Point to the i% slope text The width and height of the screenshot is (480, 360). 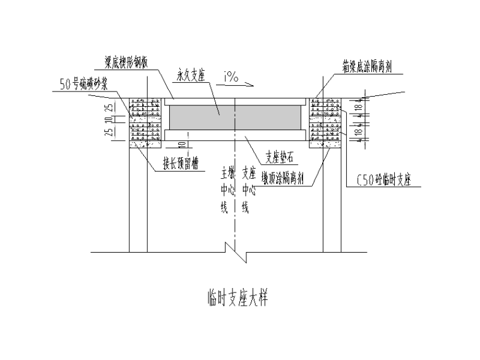coord(231,79)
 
